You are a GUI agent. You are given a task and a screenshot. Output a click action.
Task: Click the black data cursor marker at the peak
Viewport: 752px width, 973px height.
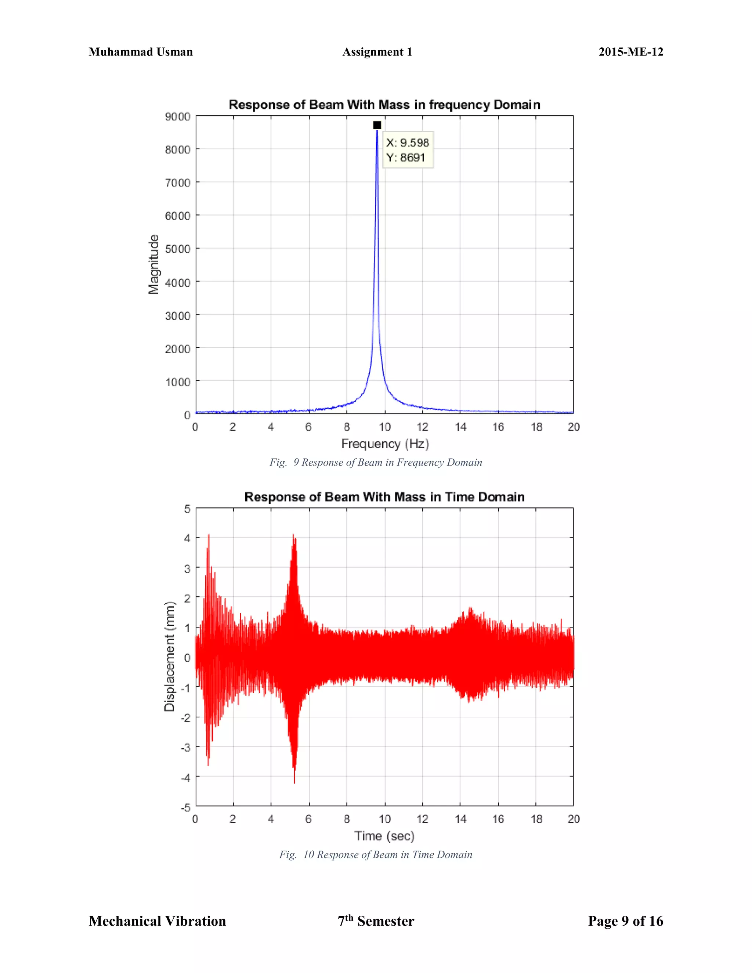(377, 125)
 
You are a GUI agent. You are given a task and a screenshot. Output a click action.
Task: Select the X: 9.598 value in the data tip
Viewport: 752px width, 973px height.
(407, 142)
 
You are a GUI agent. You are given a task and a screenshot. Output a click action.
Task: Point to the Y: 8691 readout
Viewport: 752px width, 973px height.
(405, 157)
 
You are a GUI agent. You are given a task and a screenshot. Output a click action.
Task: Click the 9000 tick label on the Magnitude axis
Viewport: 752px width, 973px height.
(177, 117)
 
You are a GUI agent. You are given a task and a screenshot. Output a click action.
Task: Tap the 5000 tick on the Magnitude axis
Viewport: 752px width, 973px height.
(177, 249)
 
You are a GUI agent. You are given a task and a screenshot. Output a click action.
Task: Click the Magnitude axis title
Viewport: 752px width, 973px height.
(154, 264)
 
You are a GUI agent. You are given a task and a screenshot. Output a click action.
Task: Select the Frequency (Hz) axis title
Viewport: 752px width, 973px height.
(385, 444)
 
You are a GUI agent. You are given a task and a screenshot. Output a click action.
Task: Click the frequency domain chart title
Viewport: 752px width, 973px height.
(384, 105)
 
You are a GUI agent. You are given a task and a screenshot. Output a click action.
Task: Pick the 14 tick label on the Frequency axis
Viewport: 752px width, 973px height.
(460, 427)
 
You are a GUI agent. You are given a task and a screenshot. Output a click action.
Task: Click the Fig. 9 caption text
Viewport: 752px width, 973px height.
(376, 462)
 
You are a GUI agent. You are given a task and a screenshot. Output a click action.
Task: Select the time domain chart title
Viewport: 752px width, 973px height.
(384, 497)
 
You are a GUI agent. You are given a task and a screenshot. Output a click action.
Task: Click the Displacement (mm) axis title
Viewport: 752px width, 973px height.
(169, 657)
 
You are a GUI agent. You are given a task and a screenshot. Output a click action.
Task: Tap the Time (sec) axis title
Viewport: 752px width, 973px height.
(384, 836)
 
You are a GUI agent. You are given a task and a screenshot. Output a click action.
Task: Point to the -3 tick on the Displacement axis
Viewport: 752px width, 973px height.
(185, 748)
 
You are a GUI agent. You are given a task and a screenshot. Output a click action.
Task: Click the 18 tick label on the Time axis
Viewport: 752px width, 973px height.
(536, 819)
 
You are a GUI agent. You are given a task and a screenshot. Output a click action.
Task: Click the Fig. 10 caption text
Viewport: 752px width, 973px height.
(376, 854)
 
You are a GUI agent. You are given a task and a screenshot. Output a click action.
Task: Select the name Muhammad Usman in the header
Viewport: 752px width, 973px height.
(141, 52)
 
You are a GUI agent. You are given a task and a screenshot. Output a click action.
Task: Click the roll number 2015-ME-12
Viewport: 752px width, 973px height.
(630, 52)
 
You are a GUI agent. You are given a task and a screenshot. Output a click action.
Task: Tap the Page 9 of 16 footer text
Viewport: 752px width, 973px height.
(625, 921)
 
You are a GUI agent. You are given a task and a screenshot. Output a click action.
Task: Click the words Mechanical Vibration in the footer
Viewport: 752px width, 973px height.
(157, 921)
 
